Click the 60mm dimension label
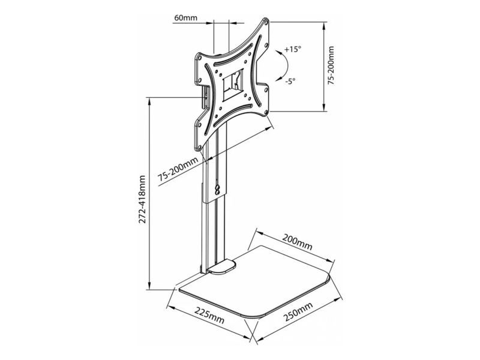pos(186,17)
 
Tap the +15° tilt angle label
pos(293,49)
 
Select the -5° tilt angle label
pos(290,82)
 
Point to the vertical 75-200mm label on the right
pos(331,66)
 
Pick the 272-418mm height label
pos(142,199)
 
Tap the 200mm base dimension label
pos(297,242)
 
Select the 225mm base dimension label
pos(209,316)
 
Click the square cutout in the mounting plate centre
pos(232,85)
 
